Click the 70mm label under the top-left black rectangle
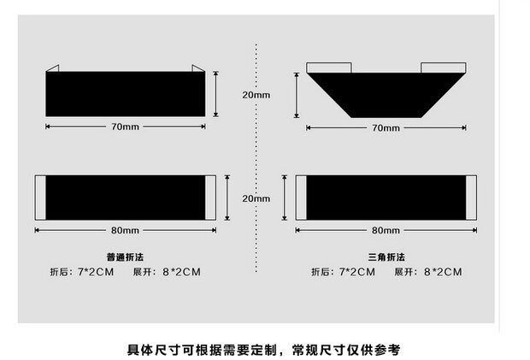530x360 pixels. coord(125,127)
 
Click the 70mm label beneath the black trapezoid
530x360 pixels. coord(386,127)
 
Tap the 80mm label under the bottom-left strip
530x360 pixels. coord(125,230)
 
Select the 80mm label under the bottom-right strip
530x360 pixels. coord(386,230)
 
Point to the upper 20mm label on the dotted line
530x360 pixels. coord(256,95)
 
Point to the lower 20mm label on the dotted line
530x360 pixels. coord(256,198)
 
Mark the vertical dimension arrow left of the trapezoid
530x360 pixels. coord(297,94)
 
